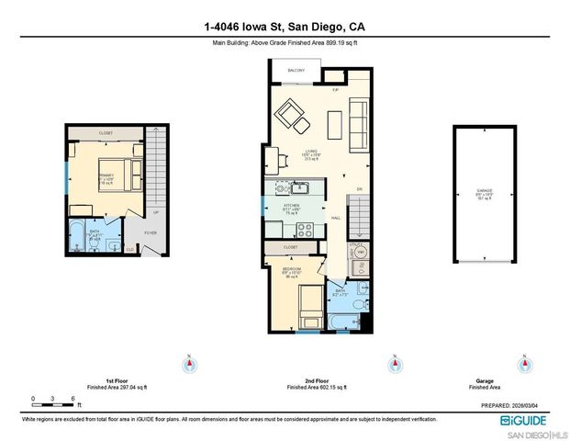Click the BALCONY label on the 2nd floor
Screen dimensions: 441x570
tap(295, 69)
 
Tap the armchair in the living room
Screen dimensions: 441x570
tap(295, 114)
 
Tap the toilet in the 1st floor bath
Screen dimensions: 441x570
tap(109, 243)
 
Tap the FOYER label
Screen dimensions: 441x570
tap(150, 232)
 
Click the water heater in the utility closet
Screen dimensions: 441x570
tap(360, 251)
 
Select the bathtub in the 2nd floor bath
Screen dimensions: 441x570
tap(343, 322)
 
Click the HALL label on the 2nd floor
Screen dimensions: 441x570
tap(337, 218)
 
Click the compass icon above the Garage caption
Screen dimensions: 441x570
tap(524, 365)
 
